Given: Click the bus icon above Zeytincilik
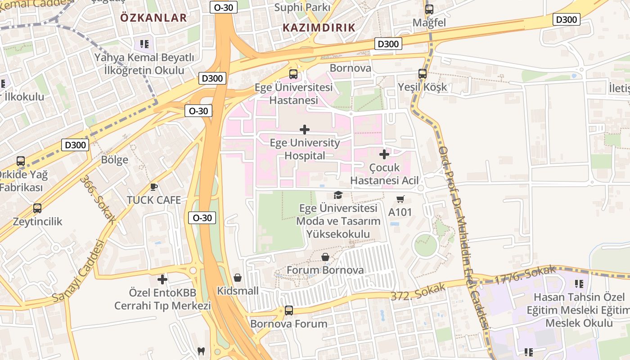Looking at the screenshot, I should [37, 208].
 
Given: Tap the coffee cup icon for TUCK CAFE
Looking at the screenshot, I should [154, 187].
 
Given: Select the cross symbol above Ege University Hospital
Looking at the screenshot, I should [305, 130].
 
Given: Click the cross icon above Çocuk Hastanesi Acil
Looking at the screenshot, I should [384, 155].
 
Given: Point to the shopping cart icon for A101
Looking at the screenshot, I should [400, 199].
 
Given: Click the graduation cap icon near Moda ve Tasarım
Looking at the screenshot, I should [337, 195].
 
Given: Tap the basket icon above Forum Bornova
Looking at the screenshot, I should [325, 257].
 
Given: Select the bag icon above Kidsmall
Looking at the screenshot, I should [238, 278].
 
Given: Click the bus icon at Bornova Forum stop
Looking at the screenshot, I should [288, 310].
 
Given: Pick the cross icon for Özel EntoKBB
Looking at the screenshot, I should [162, 279].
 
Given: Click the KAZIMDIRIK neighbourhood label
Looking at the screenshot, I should [319, 27].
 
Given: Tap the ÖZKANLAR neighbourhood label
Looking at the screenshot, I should [153, 18].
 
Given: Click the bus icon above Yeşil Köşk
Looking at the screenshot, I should [422, 74].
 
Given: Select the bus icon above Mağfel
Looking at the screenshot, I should [429, 9].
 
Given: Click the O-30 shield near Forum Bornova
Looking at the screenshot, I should [202, 218].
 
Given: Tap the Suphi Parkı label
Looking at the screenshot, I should [302, 7].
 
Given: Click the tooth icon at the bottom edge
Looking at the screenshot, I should [202, 351].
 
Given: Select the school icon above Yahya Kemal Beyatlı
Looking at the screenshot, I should [144, 44].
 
